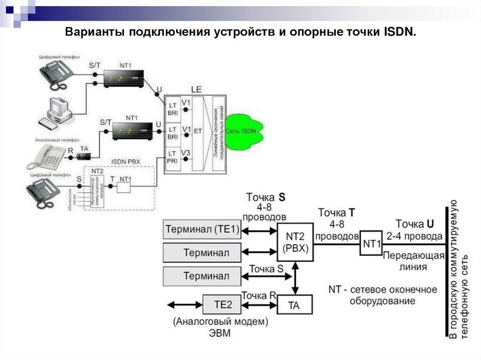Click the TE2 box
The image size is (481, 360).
223,305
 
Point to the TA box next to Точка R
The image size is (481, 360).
294,306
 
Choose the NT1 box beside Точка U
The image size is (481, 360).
371,244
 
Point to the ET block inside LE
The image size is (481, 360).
197,131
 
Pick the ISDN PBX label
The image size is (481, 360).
125,162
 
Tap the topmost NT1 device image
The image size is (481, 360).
123,77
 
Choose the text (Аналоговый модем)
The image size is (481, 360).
220,322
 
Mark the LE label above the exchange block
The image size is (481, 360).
196,89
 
